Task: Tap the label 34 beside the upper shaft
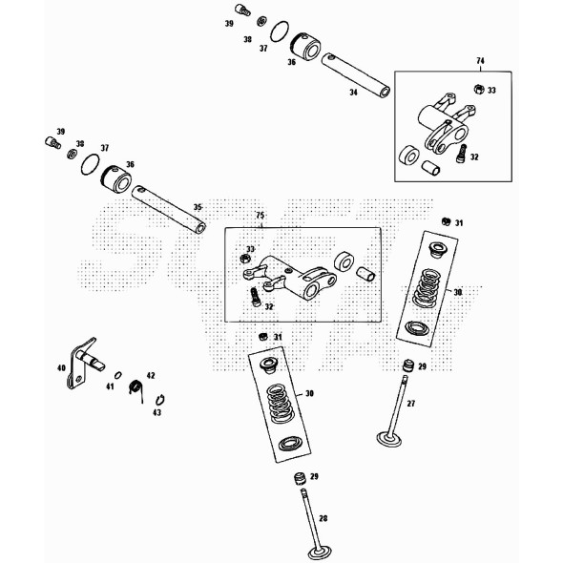click(353, 93)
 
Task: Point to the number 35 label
click(198, 206)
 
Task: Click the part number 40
click(61, 367)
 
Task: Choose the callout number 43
click(157, 412)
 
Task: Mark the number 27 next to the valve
click(411, 405)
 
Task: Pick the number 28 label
click(323, 518)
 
